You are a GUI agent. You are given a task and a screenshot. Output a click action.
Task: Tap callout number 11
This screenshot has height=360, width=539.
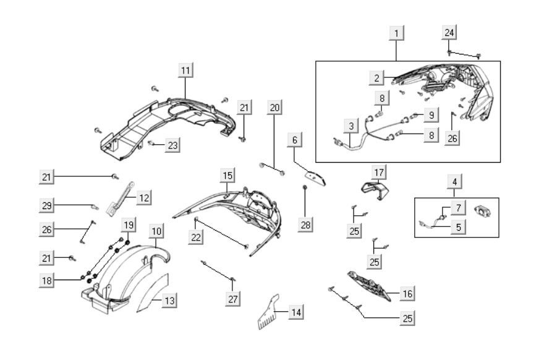[x=185, y=70]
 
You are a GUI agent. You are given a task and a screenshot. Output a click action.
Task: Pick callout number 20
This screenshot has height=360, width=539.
[x=275, y=107]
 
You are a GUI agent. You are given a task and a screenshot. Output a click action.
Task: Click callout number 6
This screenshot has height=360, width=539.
[x=295, y=140]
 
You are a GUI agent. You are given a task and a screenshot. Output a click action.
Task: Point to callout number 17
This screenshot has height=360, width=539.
[x=379, y=170]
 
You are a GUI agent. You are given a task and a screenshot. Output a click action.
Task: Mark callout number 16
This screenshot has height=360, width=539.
[x=407, y=293]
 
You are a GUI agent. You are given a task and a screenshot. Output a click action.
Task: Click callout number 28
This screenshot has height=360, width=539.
[x=305, y=225]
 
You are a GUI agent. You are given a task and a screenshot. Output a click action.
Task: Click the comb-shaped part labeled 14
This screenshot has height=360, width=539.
[x=268, y=317]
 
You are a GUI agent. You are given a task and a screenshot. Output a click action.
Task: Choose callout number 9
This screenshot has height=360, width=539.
[x=431, y=114]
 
